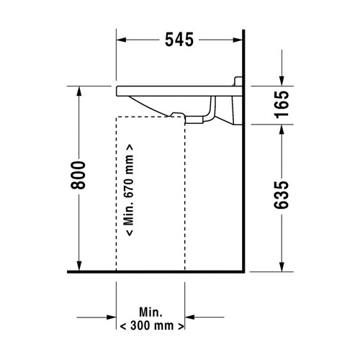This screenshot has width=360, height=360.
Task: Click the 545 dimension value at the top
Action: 179,40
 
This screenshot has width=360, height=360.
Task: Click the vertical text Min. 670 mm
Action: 130,194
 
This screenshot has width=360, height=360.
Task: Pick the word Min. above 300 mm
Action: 150,312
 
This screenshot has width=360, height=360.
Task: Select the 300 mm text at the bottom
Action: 151,326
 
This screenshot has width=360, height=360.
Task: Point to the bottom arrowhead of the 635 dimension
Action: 282,269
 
